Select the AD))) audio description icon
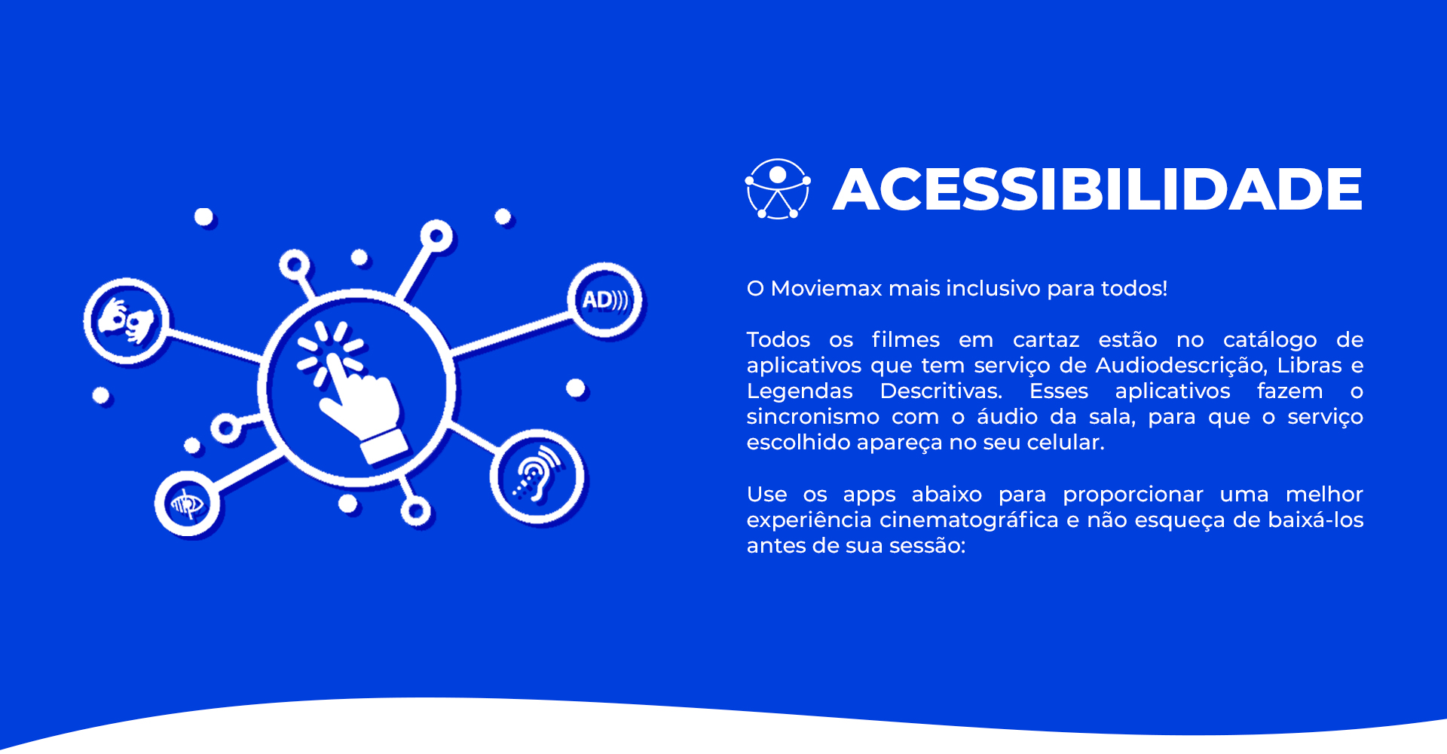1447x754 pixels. pyautogui.click(x=604, y=300)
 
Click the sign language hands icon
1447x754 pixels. pyautogui.click(x=126, y=320)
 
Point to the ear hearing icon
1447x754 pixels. pyautogui.click(x=537, y=477)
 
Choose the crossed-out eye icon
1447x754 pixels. pyautogui.click(x=187, y=504)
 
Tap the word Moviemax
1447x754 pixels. pyautogui.click(x=826, y=288)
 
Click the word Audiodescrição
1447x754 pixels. pyautogui.click(x=1180, y=366)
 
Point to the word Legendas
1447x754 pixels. pyautogui.click(x=800, y=391)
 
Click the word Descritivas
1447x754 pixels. pyautogui.click(x=941, y=391)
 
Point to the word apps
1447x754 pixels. pyautogui.click(x=869, y=495)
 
